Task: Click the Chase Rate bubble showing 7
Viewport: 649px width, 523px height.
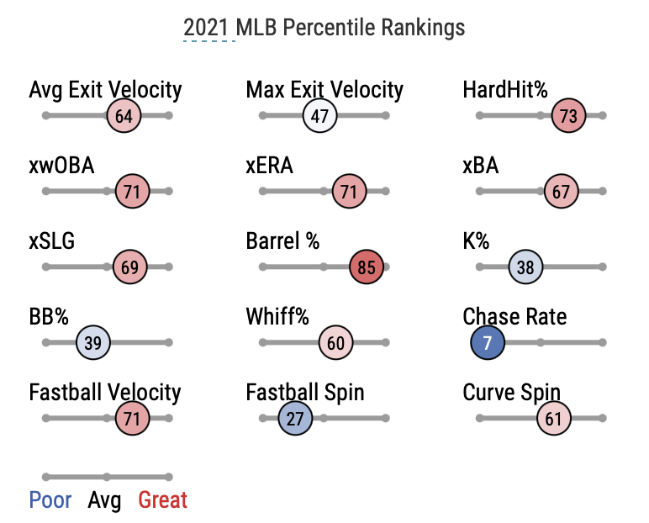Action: click(488, 343)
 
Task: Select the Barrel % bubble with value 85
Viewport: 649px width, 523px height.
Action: click(367, 267)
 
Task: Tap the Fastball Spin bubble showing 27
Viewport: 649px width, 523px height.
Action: click(295, 418)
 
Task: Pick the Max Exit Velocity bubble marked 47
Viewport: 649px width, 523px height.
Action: click(319, 116)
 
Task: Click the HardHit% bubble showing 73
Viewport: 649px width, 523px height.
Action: click(568, 116)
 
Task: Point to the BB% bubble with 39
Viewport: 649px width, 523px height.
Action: click(93, 343)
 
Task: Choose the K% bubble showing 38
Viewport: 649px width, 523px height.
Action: click(525, 267)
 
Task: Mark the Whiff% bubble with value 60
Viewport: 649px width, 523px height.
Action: click(336, 343)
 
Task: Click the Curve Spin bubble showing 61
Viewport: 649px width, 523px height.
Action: click(552, 418)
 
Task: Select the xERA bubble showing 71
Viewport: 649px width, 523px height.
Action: click(349, 192)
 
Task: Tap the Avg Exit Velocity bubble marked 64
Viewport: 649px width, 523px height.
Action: click(124, 116)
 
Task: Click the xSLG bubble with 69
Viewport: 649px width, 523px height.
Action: click(129, 267)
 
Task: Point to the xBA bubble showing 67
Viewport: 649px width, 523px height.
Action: click(561, 192)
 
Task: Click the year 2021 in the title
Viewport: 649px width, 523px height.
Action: click(206, 27)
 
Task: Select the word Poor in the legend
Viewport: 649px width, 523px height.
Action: click(50, 500)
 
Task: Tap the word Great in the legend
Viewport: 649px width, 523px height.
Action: click(163, 500)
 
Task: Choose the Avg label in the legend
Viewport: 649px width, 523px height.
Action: click(104, 500)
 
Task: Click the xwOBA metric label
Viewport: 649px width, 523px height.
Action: click(61, 165)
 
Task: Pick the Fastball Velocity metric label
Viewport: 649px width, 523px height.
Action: click(105, 392)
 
